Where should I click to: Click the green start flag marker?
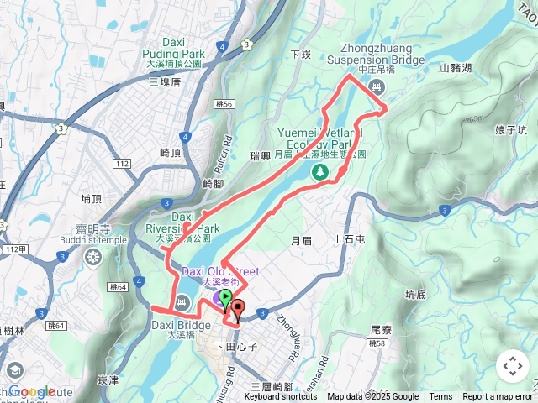click(225, 299)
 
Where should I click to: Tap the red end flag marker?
click(238, 309)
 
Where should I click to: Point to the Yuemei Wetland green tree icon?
click(319, 172)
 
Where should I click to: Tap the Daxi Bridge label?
click(181, 325)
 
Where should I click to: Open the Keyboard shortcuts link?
click(281, 397)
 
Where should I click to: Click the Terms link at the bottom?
click(440, 397)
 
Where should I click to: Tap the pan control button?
click(512, 366)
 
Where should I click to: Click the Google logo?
click(32, 391)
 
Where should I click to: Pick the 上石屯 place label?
click(349, 239)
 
